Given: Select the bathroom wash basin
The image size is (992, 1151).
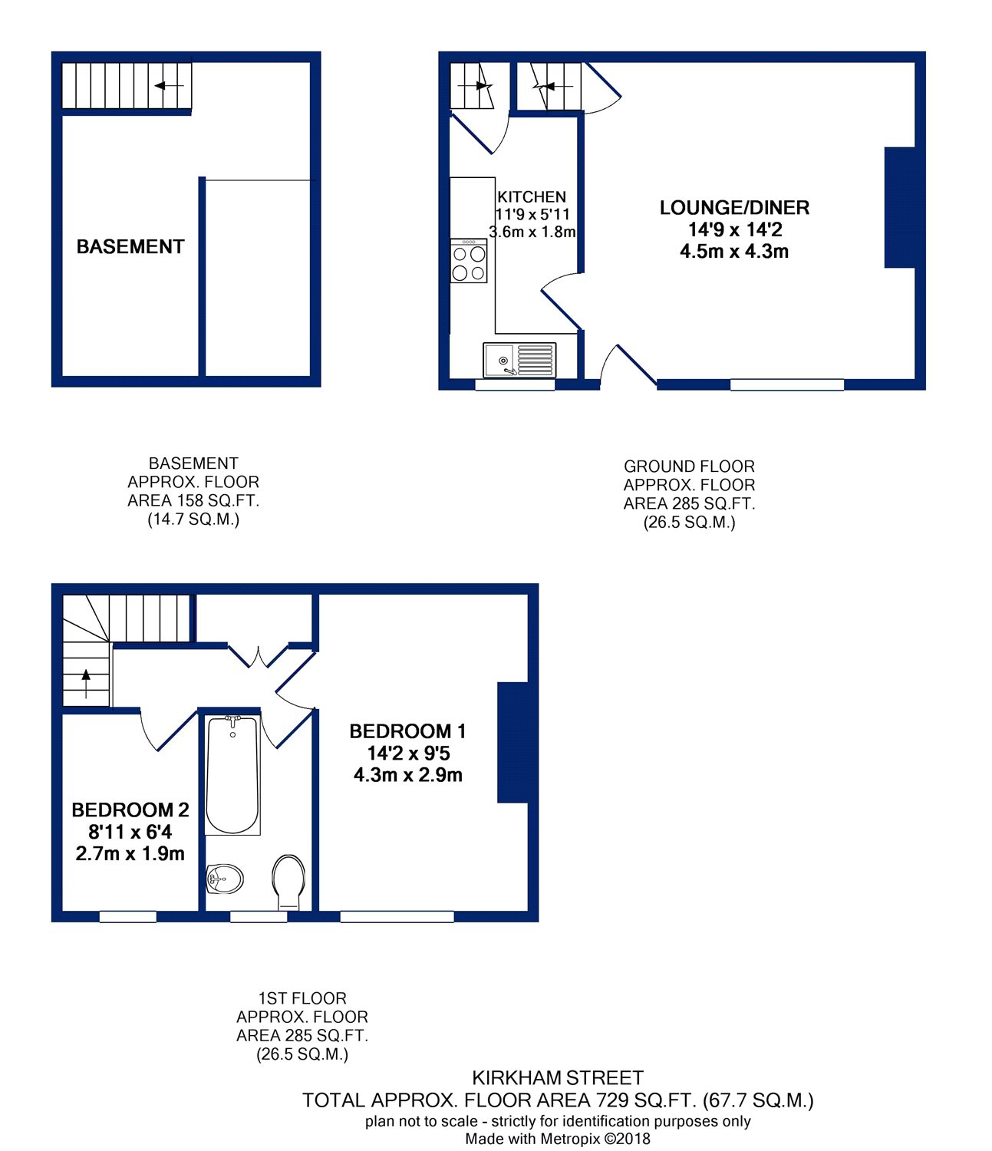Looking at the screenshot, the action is point(224,879).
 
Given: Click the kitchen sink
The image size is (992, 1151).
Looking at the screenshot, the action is point(519,360).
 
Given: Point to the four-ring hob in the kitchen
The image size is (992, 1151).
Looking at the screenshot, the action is point(469,261).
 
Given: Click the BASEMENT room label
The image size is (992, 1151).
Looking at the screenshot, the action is point(130,246).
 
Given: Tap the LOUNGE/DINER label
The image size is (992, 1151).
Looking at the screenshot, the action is point(734,208).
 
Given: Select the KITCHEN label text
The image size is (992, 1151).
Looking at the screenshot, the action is point(532,196).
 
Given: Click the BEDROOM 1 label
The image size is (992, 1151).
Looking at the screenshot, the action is point(407,731).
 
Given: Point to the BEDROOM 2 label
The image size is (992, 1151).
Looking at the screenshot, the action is point(130,810).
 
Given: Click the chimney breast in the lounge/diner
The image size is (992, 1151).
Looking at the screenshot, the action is point(900,207).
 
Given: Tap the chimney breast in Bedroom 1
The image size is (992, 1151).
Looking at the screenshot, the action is point(512,742).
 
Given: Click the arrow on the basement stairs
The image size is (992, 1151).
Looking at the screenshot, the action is point(169,86).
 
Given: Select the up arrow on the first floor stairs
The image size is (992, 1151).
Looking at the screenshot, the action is point(86,683).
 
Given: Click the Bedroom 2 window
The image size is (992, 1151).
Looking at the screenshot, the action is point(127,916).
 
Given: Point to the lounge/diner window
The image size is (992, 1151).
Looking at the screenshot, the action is point(787,384).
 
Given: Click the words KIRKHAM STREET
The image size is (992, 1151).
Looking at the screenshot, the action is point(558,1078).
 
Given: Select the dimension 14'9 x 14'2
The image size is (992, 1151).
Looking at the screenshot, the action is point(735,229).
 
